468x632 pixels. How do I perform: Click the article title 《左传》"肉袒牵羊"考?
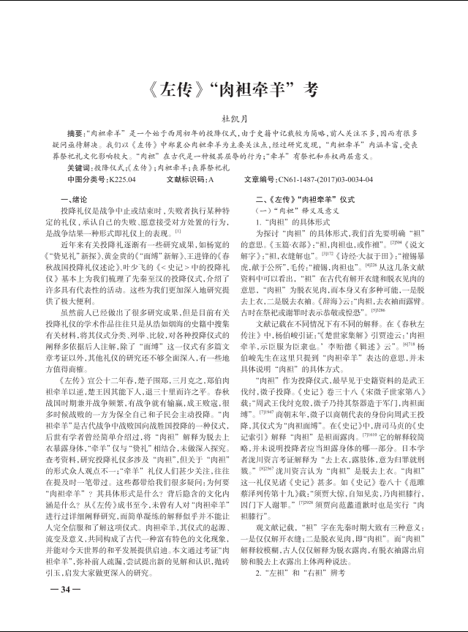pos(233,91)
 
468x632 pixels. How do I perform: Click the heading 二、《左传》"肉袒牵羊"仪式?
pos(304,199)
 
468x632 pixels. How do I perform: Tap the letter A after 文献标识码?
pos(211,178)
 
